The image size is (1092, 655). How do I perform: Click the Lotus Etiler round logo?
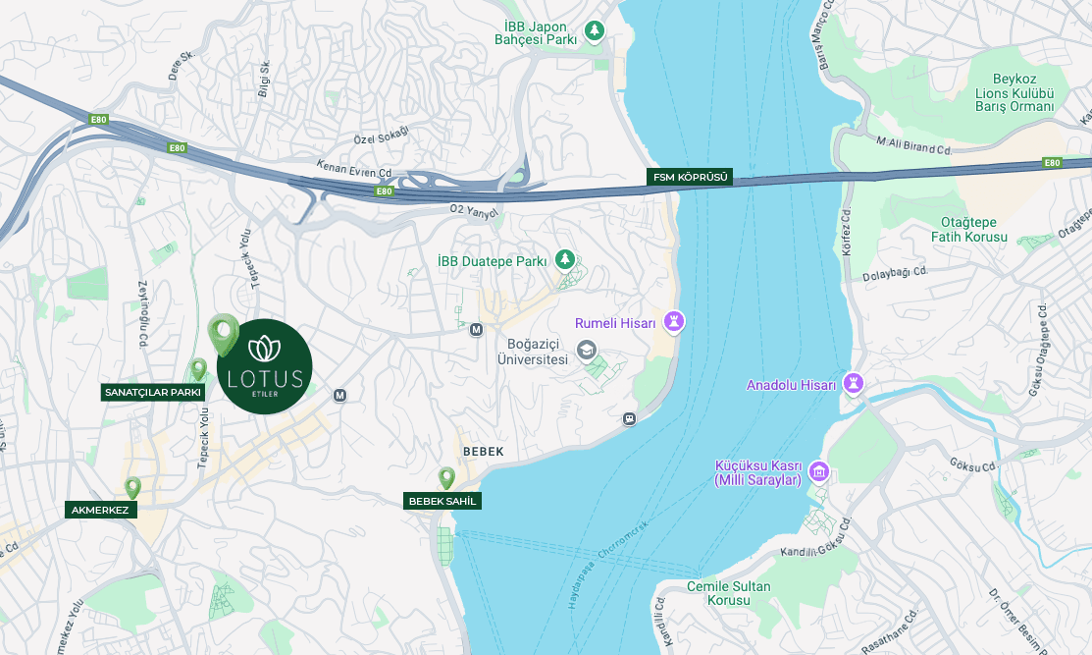264,367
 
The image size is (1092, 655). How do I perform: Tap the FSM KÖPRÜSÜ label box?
690,178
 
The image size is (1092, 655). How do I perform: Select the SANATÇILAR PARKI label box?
153,393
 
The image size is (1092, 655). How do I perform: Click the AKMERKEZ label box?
101,510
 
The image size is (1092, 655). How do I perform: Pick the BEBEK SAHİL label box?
442,502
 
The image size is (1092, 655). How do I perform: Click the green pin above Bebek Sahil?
446,478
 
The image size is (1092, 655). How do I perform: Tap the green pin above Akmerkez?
132,487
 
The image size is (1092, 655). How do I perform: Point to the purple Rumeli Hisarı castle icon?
674,322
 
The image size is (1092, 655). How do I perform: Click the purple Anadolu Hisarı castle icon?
854,384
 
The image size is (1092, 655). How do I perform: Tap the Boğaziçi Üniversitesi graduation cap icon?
586,350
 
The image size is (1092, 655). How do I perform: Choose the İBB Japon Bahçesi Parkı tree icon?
594,31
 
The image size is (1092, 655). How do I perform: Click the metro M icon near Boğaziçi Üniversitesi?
477,330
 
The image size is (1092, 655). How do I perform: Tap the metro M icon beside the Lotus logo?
340,395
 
